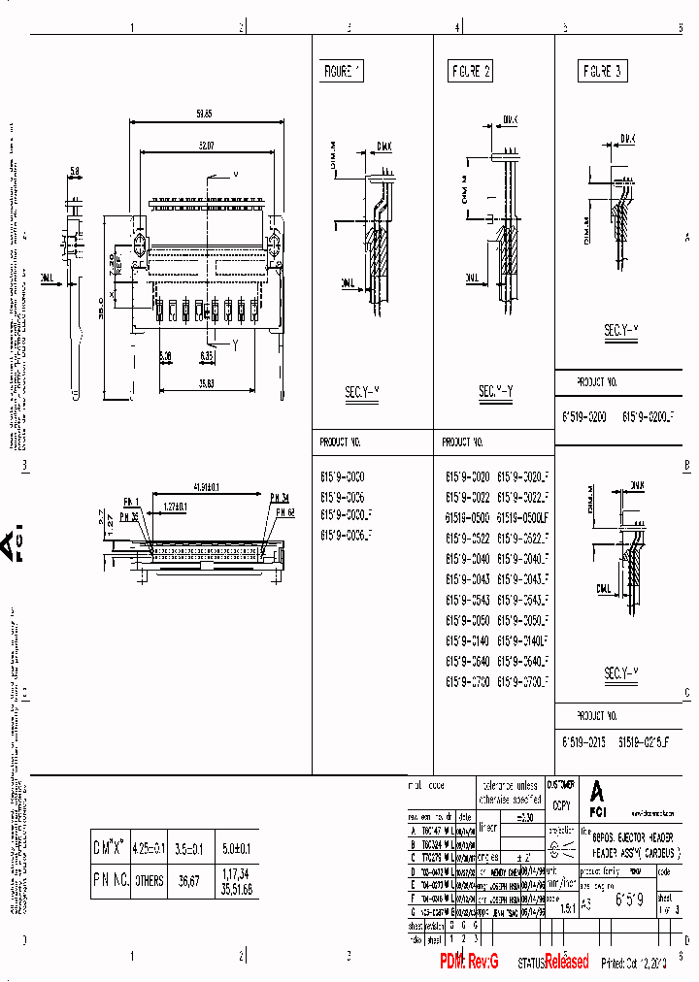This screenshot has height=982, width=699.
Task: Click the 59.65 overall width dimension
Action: tap(203, 115)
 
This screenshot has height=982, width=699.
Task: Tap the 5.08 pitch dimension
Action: tap(166, 356)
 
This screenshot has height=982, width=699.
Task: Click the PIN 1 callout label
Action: tap(131, 502)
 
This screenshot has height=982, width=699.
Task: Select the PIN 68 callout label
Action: tap(282, 510)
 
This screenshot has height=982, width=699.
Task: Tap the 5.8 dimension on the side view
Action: tap(75, 172)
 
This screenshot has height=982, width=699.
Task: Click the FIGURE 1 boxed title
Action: tap(341, 71)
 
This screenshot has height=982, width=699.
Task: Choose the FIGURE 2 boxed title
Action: tap(470, 71)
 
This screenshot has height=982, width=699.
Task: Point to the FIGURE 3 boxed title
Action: tap(602, 71)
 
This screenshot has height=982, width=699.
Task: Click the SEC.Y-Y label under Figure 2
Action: tap(495, 392)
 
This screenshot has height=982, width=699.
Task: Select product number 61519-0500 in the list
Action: tap(467, 517)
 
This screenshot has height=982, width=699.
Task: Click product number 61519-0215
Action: tap(583, 740)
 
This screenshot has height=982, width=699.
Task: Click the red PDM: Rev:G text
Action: tap(469, 961)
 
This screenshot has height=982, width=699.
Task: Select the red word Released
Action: tap(566, 961)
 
